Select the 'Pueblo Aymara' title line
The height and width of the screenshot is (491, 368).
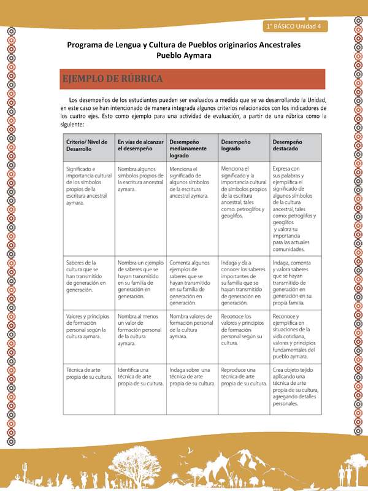pos(184,55)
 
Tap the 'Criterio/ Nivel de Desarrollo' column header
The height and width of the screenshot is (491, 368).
pos(86,145)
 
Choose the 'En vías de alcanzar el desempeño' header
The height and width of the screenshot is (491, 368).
pos(140,145)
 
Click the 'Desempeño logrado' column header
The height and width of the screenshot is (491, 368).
pos(236,145)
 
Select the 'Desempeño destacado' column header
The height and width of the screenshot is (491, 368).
pos(288,145)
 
